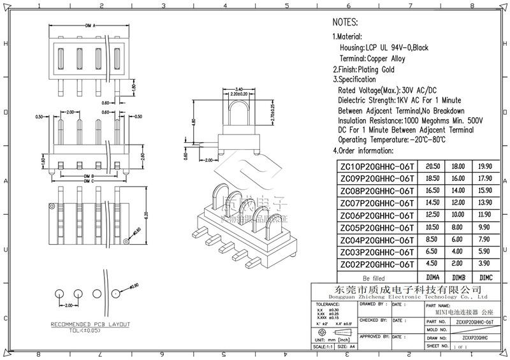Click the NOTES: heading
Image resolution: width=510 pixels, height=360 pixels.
(351, 22)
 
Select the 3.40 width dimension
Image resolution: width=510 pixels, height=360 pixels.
(239, 89)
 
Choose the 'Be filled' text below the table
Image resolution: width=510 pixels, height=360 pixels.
(374, 278)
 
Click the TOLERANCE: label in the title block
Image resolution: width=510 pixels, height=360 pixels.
(328, 305)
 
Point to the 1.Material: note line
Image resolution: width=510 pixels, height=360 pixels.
(347, 38)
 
